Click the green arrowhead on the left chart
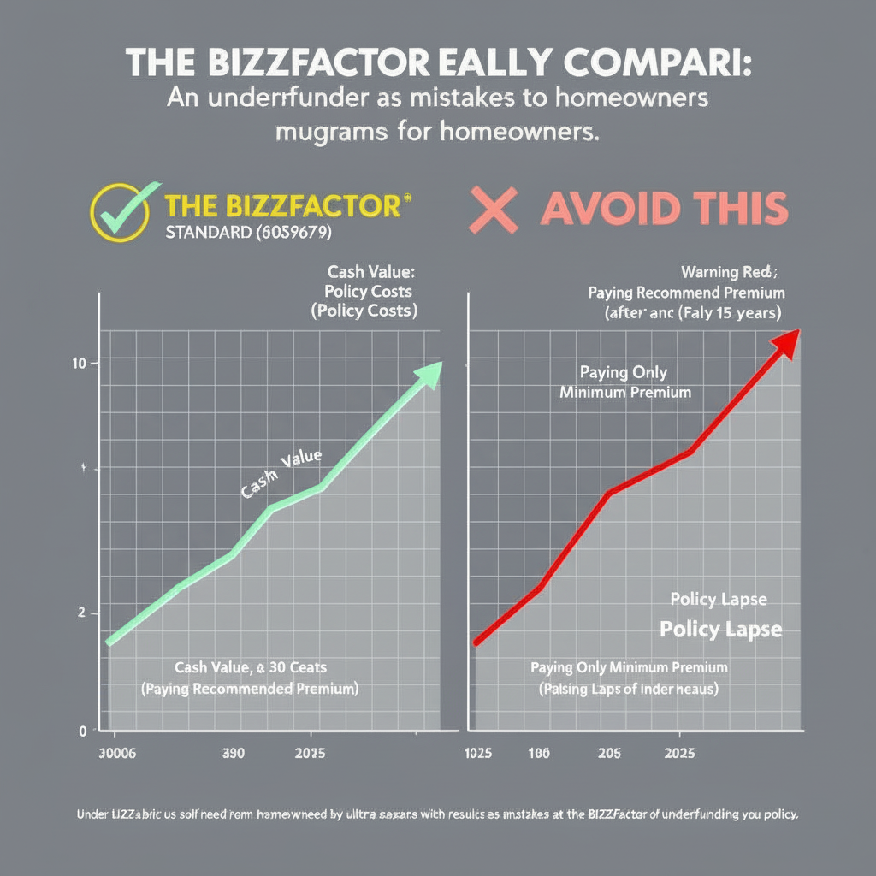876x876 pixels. coord(428,372)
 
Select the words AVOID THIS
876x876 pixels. coord(663,208)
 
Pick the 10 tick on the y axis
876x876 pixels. coord(80,364)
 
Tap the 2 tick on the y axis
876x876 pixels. coord(81,613)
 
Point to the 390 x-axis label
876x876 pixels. coord(233,755)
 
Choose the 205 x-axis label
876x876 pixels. coord(609,755)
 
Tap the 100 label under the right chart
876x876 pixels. coord(538,755)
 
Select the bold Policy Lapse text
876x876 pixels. coord(720,630)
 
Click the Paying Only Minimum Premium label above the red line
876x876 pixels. coord(624,382)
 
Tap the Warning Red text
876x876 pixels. coord(727,273)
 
